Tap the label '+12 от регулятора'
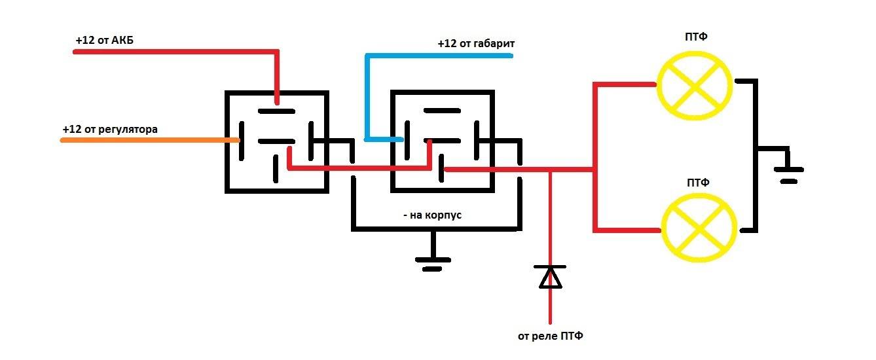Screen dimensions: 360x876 110,129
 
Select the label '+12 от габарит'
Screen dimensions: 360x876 476,44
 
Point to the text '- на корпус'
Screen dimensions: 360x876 433,215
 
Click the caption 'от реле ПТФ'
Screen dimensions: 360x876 550,336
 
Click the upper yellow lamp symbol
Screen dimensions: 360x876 694,84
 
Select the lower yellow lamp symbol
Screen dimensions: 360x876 698,230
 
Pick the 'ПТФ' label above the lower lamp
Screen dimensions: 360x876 698,183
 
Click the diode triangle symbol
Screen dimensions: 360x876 549,277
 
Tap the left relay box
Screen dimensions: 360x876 276,141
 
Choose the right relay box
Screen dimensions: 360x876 442,141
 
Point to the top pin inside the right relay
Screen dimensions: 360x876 441,111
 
